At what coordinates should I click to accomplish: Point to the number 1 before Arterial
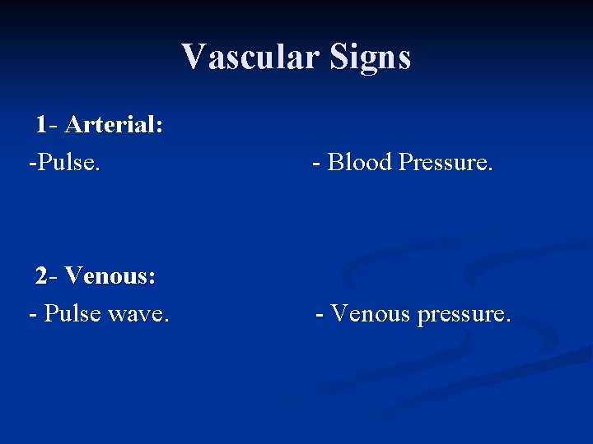click(x=41, y=125)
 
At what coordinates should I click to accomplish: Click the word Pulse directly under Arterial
click(x=67, y=162)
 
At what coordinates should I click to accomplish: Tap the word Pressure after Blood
click(x=445, y=162)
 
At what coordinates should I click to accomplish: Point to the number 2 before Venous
click(x=42, y=275)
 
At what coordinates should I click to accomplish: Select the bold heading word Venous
click(x=110, y=275)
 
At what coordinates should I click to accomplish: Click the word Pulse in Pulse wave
click(x=72, y=313)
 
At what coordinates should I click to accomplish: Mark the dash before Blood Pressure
click(x=316, y=163)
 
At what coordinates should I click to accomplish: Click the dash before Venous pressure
click(x=320, y=314)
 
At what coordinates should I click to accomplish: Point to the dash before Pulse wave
click(x=32, y=314)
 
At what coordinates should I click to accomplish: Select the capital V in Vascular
click(x=193, y=57)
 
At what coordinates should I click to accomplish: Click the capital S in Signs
click(x=339, y=57)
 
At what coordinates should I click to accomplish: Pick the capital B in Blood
click(x=335, y=162)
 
